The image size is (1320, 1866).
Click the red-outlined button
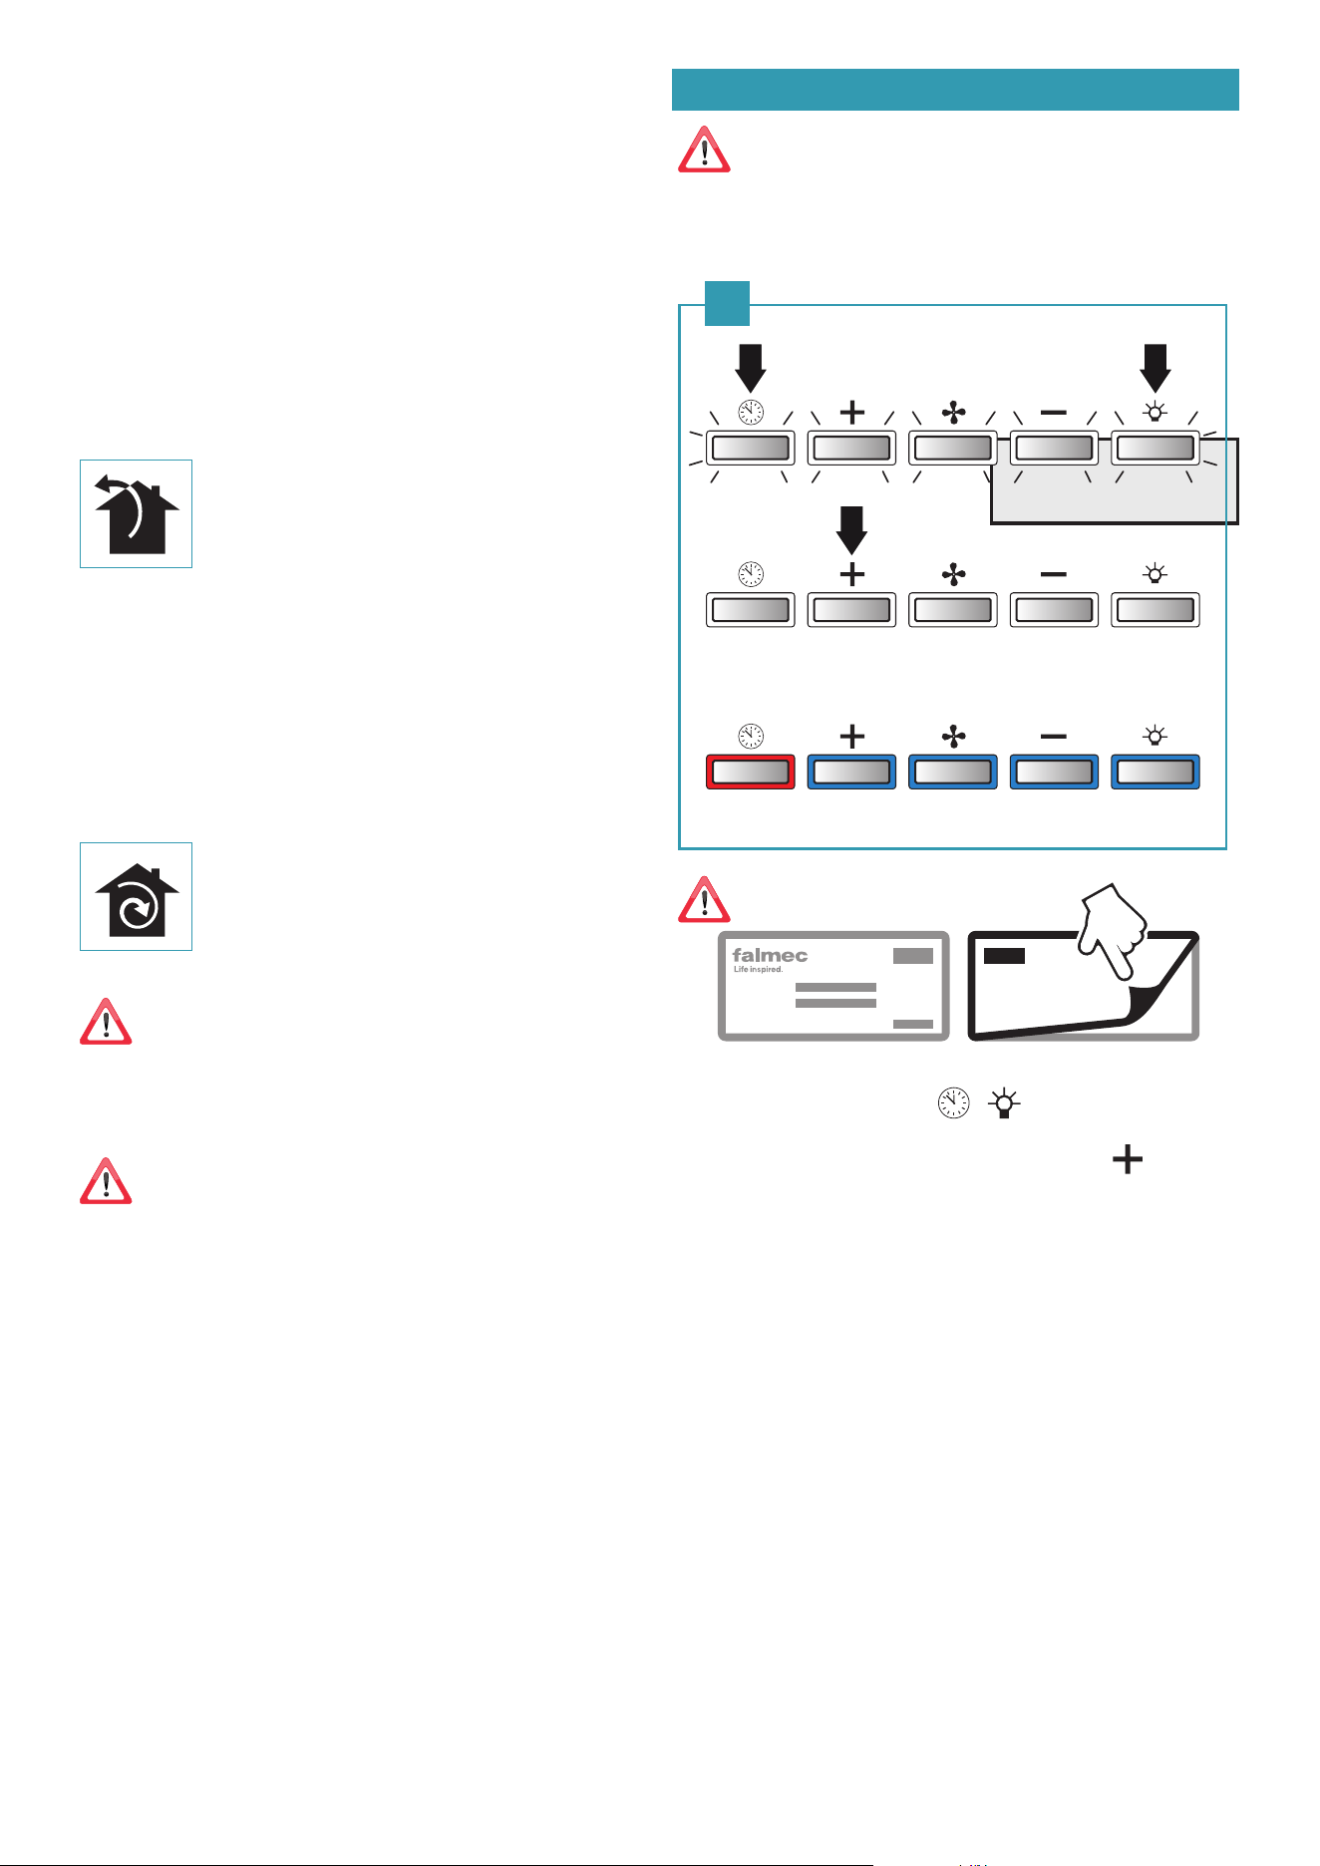750,772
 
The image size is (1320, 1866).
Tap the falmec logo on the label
770,955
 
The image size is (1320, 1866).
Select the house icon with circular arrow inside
137,896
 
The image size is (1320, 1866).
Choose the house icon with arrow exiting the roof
137,514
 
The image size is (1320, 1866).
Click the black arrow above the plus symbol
851,530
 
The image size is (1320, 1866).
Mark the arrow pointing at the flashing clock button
750,368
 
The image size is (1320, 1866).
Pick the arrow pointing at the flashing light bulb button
1155,368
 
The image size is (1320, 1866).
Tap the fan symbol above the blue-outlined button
953,737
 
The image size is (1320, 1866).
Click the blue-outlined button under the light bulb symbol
1155,772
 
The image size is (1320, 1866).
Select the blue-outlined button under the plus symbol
851,772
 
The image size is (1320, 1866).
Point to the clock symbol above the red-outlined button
750,737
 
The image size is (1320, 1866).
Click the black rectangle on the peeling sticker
1004,956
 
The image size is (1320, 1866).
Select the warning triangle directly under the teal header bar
704,150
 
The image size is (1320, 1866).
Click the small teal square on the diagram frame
727,303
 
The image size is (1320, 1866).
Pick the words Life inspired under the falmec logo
758,969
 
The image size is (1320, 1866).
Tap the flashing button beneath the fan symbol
953,448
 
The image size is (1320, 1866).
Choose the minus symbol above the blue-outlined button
1053,737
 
